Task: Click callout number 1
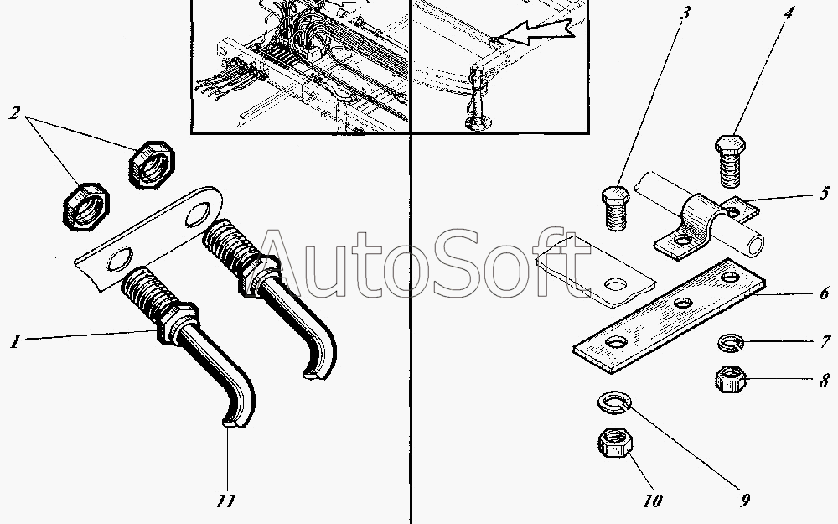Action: [x=14, y=341]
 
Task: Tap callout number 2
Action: [x=14, y=112]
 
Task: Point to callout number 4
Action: [x=789, y=13]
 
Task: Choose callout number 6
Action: [x=824, y=293]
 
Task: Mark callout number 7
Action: [x=825, y=341]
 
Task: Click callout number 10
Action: [x=653, y=501]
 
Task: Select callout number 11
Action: [x=225, y=501]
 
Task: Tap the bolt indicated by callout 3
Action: [x=616, y=208]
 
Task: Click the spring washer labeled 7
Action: [x=731, y=343]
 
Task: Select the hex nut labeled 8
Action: [x=731, y=379]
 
